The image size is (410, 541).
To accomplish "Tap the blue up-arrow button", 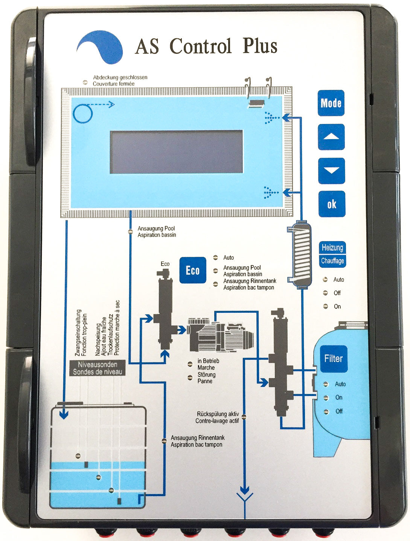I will tap(331, 137).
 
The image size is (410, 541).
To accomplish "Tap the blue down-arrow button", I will tap(331, 171).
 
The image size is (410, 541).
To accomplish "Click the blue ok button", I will tap(331, 204).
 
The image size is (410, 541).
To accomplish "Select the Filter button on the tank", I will tap(333, 359).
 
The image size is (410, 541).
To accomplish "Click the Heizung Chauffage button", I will tap(332, 254).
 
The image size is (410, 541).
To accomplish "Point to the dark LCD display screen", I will tap(176, 152).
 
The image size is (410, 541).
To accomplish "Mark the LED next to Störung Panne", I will tap(191, 377).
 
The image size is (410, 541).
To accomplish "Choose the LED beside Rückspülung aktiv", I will tap(244, 417).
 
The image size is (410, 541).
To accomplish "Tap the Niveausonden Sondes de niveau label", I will tap(98, 368).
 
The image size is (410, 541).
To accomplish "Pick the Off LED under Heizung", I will tap(326, 293).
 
